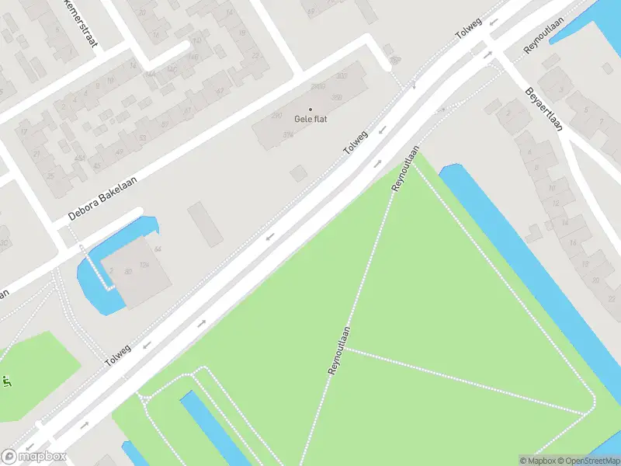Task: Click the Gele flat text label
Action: click(310, 119)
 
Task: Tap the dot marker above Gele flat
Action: click(310, 110)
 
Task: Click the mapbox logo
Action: click(34, 457)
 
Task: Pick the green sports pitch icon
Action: click(6, 381)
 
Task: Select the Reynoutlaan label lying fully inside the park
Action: click(340, 351)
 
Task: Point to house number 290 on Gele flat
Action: click(276, 116)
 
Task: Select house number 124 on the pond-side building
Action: click(144, 266)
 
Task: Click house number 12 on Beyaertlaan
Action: click(556, 203)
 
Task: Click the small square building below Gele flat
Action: click(298, 173)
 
